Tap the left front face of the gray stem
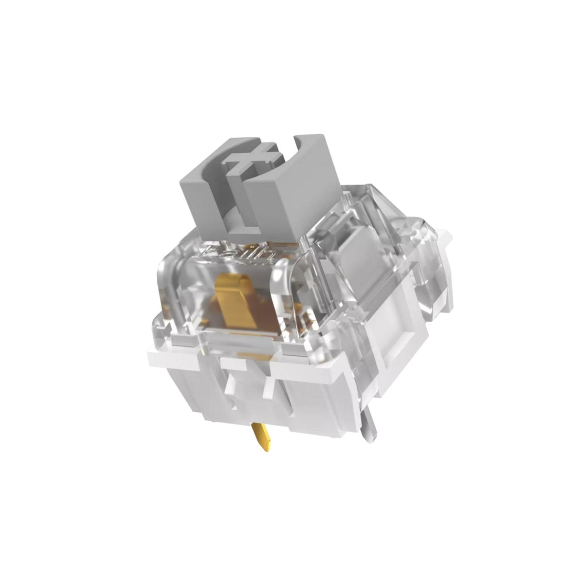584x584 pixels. pyautogui.click(x=201, y=204)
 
